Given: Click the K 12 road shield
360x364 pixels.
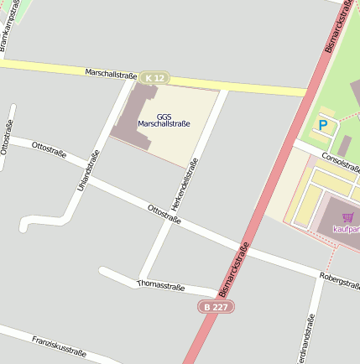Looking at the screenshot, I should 154,78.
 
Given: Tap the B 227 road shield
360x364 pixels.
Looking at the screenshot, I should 217,307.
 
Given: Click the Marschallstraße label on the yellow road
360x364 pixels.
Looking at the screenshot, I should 111,75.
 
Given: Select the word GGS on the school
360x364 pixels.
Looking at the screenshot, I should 164,116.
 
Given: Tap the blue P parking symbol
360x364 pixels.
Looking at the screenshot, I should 322,125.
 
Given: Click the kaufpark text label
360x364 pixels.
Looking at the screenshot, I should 346,228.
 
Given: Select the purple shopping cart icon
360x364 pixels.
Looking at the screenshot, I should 347,217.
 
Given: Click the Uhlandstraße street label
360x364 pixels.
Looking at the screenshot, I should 88,169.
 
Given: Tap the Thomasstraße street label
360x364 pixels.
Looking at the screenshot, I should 160,286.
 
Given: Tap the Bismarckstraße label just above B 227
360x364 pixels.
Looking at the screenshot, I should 234,270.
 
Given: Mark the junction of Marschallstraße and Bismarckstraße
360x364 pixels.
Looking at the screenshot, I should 311,91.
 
